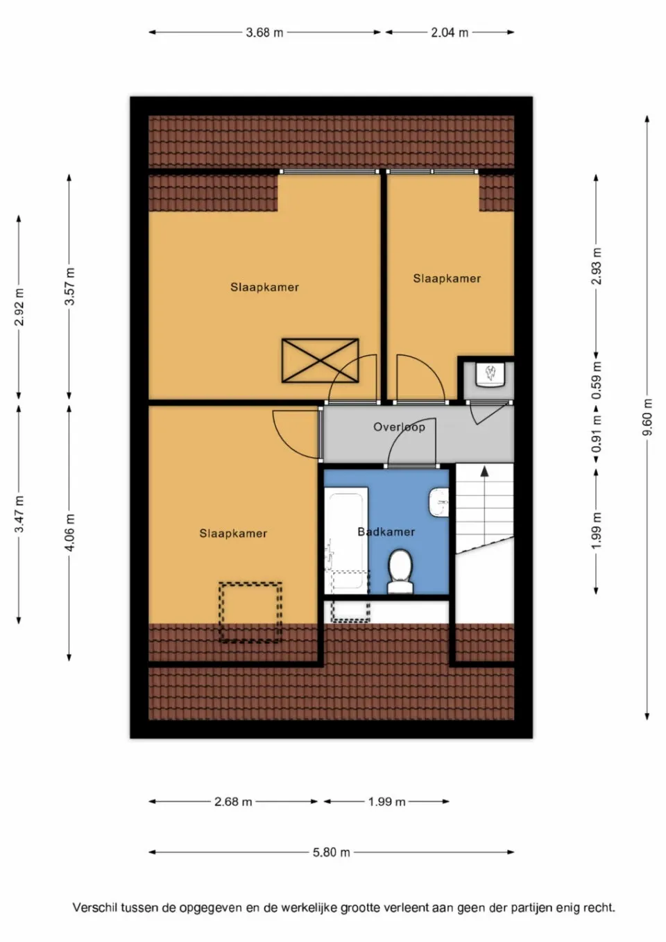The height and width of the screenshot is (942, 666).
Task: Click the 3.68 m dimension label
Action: click(x=264, y=33)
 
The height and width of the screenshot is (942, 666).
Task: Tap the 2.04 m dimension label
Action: click(x=450, y=33)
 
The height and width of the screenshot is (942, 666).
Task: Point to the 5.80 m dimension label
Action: click(x=331, y=853)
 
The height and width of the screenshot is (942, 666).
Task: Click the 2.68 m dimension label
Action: click(x=233, y=802)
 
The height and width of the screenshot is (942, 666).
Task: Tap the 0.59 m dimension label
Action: click(x=596, y=381)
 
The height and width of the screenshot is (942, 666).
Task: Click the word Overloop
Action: click(x=399, y=427)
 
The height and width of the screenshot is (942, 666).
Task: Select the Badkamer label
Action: click(x=386, y=532)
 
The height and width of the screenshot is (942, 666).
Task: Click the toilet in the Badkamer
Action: click(x=400, y=572)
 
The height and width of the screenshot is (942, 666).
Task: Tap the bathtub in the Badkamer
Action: click(x=346, y=541)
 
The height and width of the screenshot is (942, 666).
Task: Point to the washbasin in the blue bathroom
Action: click(x=438, y=503)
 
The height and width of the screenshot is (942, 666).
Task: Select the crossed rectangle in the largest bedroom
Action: click(x=320, y=361)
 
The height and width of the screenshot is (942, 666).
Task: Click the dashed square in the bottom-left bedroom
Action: click(x=250, y=612)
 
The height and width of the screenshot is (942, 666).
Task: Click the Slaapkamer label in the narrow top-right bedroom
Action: click(x=447, y=279)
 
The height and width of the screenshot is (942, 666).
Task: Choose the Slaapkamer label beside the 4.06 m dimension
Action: click(x=233, y=533)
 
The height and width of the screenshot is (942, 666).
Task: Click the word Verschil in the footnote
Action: click(x=94, y=907)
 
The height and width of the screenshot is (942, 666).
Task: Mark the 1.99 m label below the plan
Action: click(x=386, y=802)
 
